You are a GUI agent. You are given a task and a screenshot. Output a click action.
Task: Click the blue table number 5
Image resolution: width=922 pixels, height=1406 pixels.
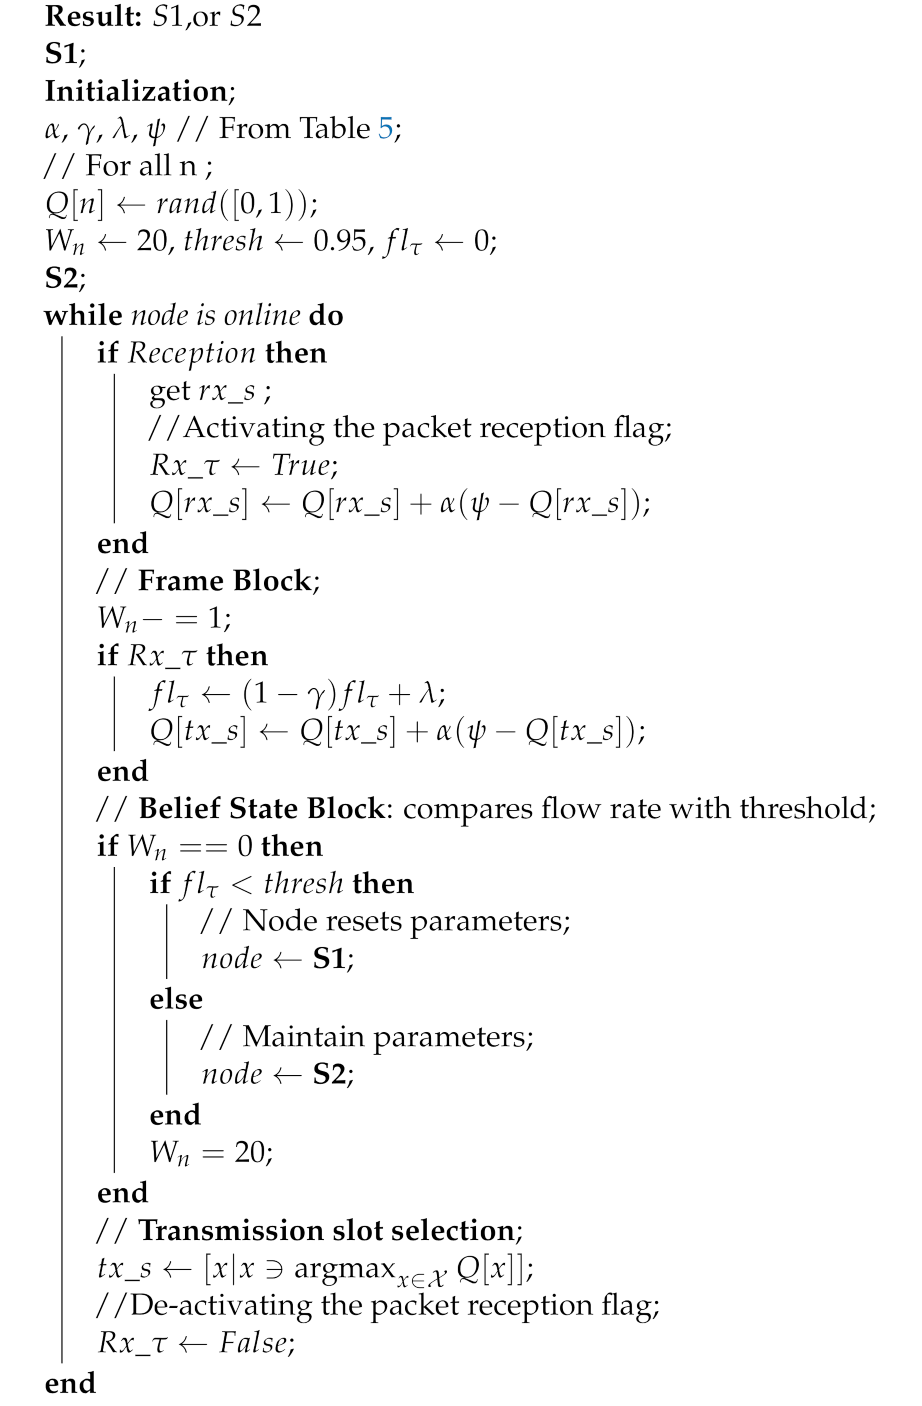click(x=385, y=128)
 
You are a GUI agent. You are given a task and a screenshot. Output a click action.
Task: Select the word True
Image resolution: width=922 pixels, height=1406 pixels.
click(x=302, y=465)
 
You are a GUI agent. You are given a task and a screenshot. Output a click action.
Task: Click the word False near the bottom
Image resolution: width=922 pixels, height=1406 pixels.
click(x=254, y=1343)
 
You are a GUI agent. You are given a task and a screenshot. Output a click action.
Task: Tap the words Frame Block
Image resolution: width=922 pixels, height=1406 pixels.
click(x=225, y=581)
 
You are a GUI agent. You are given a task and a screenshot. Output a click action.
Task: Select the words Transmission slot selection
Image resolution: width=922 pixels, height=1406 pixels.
click(x=327, y=1230)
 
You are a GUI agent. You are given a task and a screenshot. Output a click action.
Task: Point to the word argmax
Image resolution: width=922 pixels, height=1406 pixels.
click(x=345, y=1268)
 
